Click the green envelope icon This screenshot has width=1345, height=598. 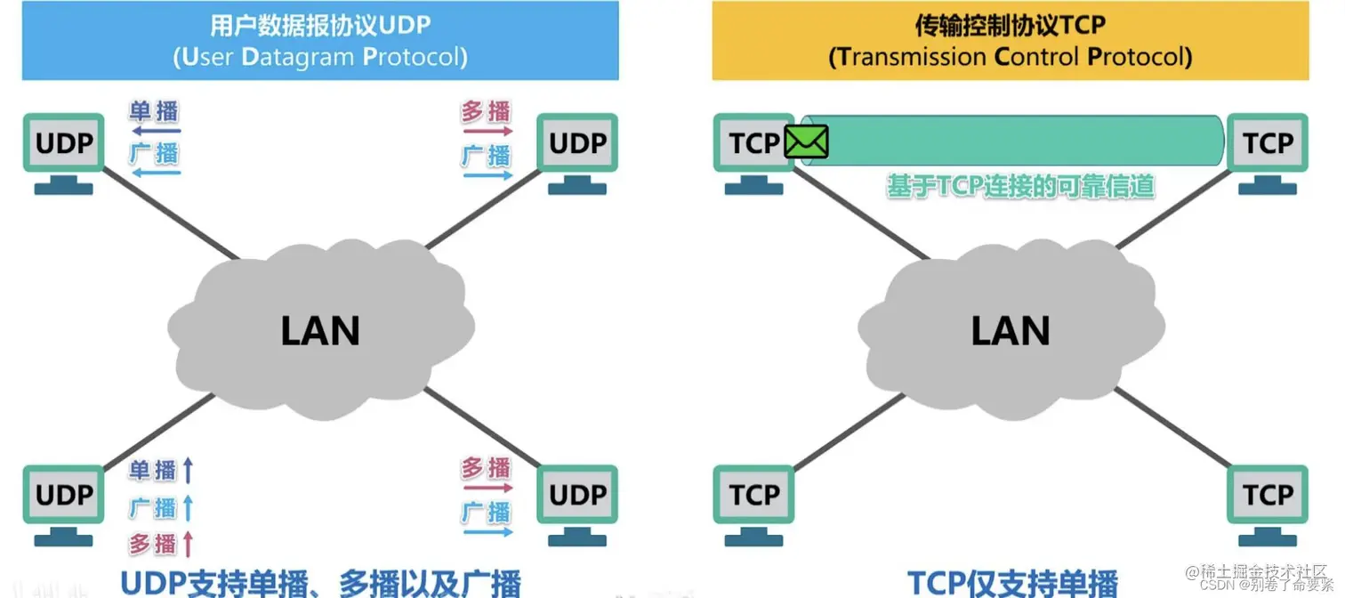[x=807, y=141]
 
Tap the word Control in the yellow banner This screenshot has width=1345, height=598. [x=1036, y=58]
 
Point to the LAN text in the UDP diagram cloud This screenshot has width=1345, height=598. [x=320, y=332]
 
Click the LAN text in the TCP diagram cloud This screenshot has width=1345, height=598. [x=1011, y=332]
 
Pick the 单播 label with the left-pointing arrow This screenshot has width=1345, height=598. [x=154, y=111]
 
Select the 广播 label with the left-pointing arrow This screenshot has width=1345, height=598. [x=154, y=153]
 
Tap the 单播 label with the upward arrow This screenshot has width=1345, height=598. [x=153, y=470]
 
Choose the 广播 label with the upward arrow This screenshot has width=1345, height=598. [x=153, y=507]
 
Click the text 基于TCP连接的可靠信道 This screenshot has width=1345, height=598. [x=1019, y=186]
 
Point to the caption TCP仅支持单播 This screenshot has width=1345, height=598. [x=1012, y=582]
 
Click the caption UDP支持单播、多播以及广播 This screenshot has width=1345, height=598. [x=320, y=582]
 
